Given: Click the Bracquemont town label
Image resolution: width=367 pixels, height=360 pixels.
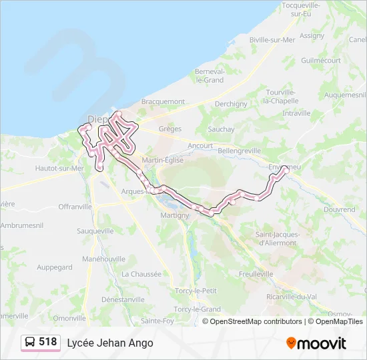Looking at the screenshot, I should pyautogui.click(x=163, y=101).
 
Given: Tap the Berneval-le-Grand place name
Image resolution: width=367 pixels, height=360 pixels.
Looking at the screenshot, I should pyautogui.click(x=210, y=75).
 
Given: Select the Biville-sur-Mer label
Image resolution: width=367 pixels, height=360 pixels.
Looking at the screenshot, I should pyautogui.click(x=272, y=40).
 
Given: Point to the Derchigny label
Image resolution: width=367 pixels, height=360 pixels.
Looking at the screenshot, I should pyautogui.click(x=231, y=104).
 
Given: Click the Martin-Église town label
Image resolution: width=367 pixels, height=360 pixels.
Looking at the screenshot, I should pyautogui.click(x=162, y=160).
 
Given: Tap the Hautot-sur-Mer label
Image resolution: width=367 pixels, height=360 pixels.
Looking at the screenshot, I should pyautogui.click(x=60, y=169).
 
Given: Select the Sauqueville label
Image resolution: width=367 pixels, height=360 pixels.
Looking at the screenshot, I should pyautogui.click(x=95, y=230).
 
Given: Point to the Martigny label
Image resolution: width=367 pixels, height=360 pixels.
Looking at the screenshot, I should pyautogui.click(x=175, y=215).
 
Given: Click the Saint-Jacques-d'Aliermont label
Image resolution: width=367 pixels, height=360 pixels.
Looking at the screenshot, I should pyautogui.click(x=278, y=238).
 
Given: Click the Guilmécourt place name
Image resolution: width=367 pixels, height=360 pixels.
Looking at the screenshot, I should pyautogui.click(x=321, y=60).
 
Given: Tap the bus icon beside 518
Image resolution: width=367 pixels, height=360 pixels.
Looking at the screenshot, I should pyautogui.click(x=30, y=343).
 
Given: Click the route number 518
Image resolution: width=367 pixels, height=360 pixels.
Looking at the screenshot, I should pyautogui.click(x=48, y=343).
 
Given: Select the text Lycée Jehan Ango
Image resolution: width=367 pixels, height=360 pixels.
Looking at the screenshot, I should pyautogui.click(x=109, y=343).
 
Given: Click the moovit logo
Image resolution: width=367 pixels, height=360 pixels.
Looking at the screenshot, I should pyautogui.click(x=316, y=343).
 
